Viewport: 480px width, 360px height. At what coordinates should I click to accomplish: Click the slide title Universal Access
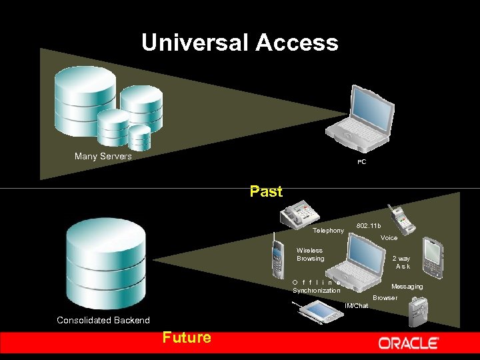click(239, 43)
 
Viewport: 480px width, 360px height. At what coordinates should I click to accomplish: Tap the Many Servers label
click(103, 156)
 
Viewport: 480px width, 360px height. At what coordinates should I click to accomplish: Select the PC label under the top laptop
click(361, 162)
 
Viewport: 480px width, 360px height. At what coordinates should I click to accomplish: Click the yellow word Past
click(266, 192)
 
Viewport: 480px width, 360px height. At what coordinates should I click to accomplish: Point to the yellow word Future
click(186, 337)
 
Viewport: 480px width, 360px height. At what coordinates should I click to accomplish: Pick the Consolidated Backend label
click(103, 320)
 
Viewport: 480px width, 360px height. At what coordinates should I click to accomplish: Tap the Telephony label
click(328, 231)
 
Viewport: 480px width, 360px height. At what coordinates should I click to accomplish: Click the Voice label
click(389, 238)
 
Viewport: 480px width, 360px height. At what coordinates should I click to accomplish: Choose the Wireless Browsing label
click(310, 255)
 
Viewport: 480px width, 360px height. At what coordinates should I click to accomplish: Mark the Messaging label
click(407, 287)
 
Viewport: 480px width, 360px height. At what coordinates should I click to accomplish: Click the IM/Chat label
click(357, 306)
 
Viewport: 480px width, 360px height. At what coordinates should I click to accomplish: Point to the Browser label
click(385, 297)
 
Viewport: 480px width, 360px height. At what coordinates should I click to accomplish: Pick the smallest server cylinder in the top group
click(140, 137)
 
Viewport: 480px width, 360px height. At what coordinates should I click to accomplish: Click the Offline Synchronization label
click(317, 287)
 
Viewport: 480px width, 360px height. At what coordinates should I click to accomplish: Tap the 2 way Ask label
click(401, 263)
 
